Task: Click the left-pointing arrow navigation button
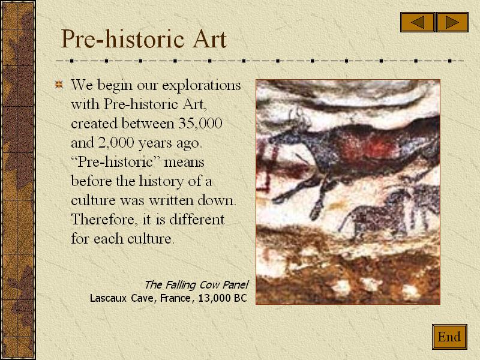[418, 22]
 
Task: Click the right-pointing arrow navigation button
[452, 22]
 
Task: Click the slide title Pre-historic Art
[143, 40]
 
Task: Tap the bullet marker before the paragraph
[59, 85]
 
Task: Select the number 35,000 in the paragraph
[201, 124]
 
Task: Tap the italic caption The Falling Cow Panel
[196, 284]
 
